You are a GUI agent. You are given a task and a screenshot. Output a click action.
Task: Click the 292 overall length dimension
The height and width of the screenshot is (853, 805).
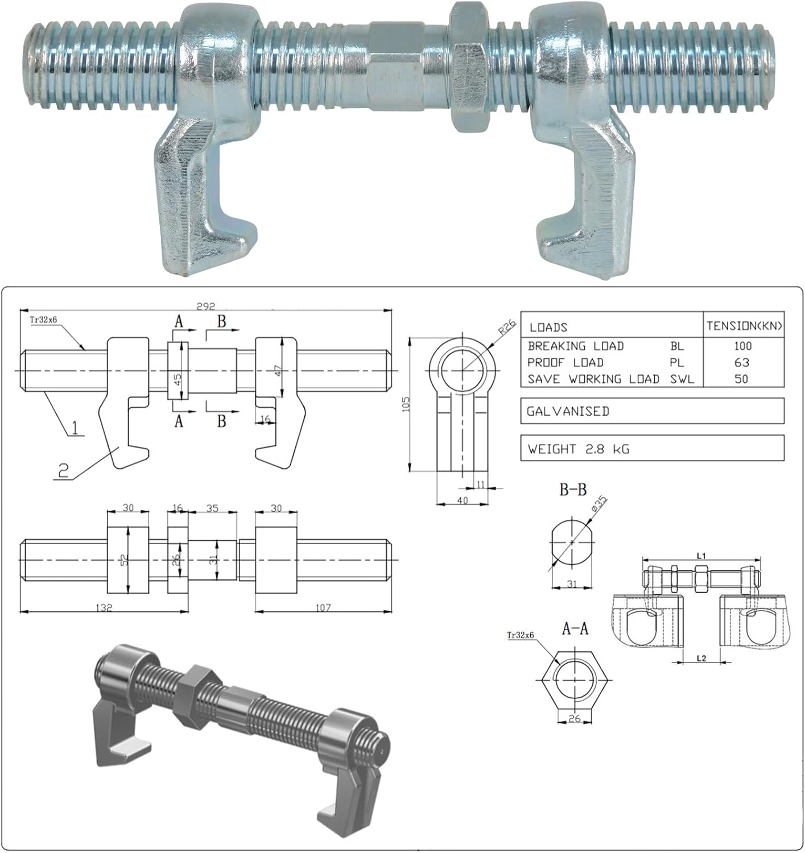point(205,305)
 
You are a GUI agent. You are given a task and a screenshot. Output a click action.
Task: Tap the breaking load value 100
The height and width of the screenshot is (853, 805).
point(742,346)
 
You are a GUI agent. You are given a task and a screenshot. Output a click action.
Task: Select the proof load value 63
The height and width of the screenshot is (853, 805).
point(742,362)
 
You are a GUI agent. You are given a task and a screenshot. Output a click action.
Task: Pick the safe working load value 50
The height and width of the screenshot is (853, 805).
point(741,379)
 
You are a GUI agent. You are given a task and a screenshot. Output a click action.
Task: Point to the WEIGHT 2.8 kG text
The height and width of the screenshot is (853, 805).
point(578,449)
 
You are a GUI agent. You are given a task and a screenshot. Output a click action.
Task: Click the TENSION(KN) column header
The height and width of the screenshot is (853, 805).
point(744,326)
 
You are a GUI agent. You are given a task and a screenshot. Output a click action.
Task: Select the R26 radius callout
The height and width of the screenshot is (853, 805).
point(506,328)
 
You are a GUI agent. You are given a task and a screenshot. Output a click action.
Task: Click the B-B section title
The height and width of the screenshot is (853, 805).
point(572,490)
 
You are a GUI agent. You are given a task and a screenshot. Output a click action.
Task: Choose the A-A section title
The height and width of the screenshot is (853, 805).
point(575,628)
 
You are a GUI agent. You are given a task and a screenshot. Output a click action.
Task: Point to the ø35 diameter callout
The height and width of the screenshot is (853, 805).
point(599,504)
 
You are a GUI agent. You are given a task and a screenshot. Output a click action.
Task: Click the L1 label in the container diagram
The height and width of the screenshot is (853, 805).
point(701,555)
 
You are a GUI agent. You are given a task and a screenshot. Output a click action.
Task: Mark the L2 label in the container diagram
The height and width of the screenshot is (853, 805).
point(701,658)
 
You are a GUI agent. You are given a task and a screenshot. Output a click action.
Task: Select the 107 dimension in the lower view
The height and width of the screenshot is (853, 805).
point(323,607)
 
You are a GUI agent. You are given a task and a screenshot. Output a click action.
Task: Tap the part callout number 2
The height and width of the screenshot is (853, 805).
point(63,470)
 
